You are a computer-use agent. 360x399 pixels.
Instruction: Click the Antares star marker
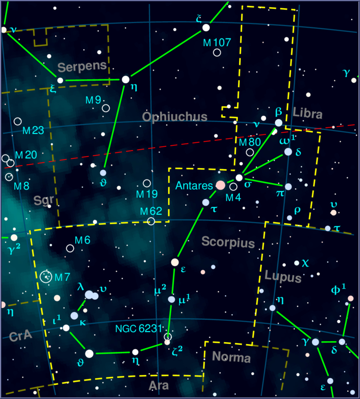pyautogui.click(x=220, y=185)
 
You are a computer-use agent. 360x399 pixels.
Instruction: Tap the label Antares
pyautogui.click(x=194, y=185)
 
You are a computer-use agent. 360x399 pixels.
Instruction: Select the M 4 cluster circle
pyautogui.click(x=234, y=187)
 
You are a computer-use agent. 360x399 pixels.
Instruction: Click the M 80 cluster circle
pyautogui.click(x=250, y=152)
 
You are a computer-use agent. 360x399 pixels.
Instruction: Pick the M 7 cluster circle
pyautogui.click(x=46, y=276)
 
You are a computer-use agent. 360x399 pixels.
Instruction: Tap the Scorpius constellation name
pyautogui.click(x=228, y=242)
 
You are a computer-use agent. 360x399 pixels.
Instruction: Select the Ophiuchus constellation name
pyautogui.click(x=175, y=117)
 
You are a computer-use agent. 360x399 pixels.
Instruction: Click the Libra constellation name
pyautogui.click(x=308, y=114)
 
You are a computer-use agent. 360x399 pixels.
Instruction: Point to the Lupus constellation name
pyautogui.click(x=283, y=277)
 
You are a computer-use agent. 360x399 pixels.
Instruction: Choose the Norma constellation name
pyautogui.click(x=231, y=357)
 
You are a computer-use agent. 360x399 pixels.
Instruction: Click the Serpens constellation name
pyautogui.click(x=82, y=66)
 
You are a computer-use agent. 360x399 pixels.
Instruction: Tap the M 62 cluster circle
pyautogui.click(x=151, y=221)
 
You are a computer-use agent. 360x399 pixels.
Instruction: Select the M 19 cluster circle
pyautogui.click(x=147, y=183)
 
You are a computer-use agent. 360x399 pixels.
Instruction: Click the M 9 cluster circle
pyautogui.click(x=106, y=108)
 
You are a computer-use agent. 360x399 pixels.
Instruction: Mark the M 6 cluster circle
pyautogui.click(x=70, y=248)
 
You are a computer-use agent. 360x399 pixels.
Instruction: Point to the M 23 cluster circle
pyautogui.click(x=18, y=121)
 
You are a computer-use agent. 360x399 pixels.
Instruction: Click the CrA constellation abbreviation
pyautogui.click(x=20, y=336)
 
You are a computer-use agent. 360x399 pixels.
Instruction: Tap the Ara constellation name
pyautogui.click(x=158, y=385)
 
